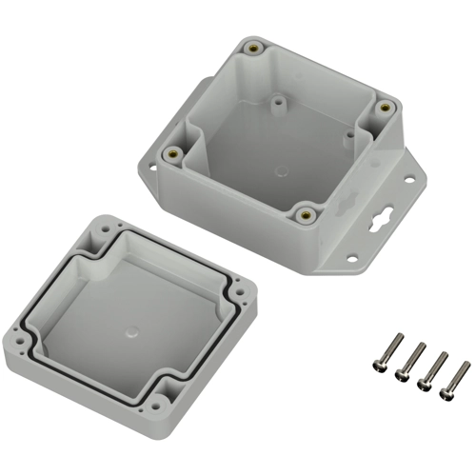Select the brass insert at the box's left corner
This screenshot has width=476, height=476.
[173, 152]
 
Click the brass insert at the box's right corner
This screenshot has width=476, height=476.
[384, 107]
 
